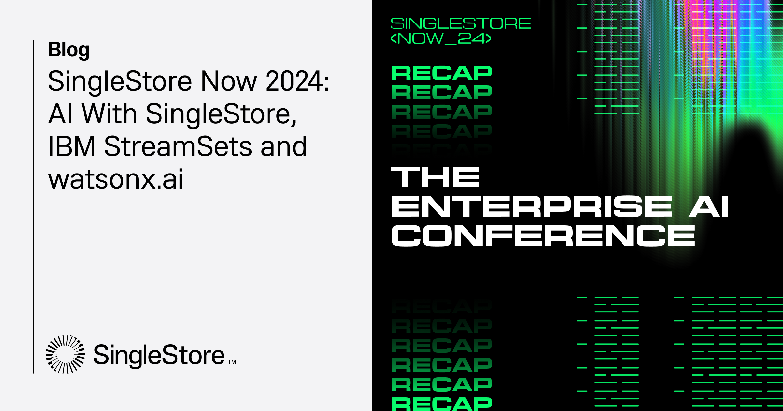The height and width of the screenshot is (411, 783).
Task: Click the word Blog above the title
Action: point(69,50)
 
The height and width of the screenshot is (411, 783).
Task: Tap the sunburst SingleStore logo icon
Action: point(65,354)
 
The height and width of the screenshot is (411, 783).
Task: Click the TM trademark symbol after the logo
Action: point(232,362)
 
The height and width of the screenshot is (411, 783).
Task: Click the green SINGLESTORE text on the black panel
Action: point(461,23)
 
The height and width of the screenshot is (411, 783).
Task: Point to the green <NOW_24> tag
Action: point(441,38)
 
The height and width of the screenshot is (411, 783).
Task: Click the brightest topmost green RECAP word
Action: point(442,73)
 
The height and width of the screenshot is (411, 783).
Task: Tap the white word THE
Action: point(435,177)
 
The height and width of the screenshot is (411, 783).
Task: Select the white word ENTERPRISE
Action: point(532,206)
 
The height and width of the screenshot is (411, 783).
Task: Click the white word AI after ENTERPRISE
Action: point(709,206)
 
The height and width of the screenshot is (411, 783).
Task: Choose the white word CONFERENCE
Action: point(543,236)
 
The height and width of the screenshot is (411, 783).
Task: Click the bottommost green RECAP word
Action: point(442,404)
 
